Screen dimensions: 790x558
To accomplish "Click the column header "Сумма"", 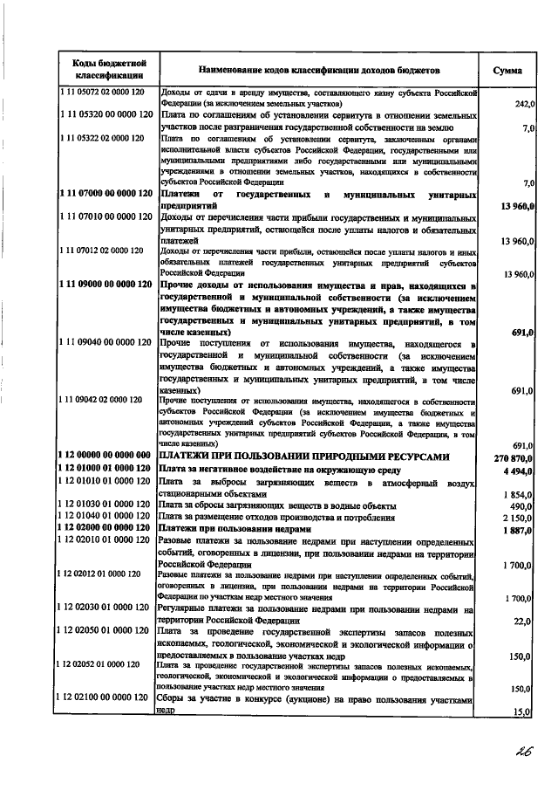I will pyautogui.click(x=507, y=69).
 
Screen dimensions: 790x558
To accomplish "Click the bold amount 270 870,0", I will pyautogui.click(x=513, y=457).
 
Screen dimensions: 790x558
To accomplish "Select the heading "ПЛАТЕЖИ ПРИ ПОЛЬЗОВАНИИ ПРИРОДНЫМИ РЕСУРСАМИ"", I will pyautogui.click(x=306, y=457).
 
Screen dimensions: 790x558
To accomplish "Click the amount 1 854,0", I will pyautogui.click(x=519, y=495).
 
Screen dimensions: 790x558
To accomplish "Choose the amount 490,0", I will pyautogui.click(x=523, y=506).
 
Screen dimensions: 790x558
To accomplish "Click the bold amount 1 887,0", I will pyautogui.click(x=518, y=530).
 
